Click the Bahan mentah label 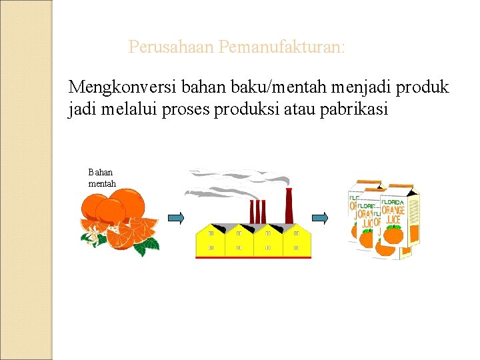tap(102, 178)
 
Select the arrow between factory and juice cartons tap(321, 218)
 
